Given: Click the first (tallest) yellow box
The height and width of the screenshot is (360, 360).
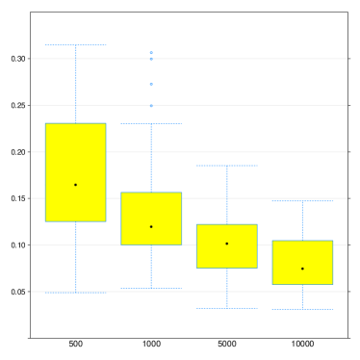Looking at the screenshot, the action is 75,154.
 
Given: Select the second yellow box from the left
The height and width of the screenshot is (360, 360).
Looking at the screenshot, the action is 151,207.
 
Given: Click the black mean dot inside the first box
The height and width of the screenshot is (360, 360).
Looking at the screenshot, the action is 75,185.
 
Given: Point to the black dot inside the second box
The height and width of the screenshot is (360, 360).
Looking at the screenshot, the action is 151,227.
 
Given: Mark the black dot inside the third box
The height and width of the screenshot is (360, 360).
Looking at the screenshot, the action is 227,244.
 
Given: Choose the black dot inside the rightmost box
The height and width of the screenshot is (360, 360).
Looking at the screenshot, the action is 302,269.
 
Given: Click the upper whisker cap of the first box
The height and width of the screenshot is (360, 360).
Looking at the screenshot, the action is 75,45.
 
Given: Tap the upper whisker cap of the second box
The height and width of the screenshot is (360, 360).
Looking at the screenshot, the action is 151,124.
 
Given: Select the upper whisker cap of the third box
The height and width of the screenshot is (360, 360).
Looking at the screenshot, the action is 227,166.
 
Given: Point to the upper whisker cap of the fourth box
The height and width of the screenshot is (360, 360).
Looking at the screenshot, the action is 302,201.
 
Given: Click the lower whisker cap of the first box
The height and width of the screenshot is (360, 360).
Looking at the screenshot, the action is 75,293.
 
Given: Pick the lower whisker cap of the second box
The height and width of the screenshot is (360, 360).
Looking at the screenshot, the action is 151,288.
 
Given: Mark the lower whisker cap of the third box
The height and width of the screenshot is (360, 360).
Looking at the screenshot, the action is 227,308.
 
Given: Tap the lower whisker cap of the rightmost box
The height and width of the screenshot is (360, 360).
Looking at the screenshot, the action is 302,309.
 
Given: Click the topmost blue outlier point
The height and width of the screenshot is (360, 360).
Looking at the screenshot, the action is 151,53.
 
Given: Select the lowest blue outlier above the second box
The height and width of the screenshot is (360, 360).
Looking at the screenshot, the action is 151,106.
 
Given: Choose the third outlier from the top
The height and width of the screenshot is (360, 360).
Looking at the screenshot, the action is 151,85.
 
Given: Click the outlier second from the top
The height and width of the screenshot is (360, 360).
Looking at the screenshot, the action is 151,59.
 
